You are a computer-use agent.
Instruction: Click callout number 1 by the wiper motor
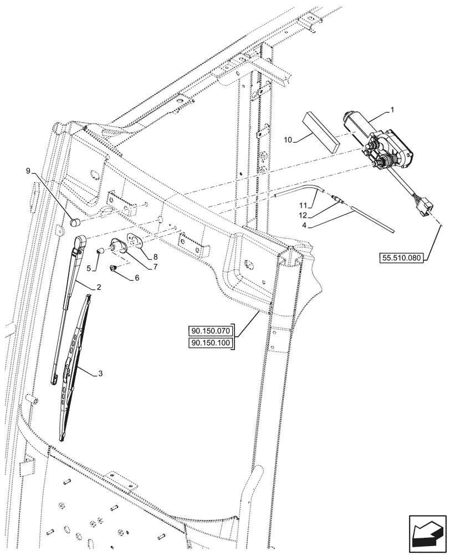[392, 110]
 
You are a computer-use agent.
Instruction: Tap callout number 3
[100, 373]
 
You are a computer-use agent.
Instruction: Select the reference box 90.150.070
[212, 332]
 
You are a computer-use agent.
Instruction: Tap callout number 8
[155, 256]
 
